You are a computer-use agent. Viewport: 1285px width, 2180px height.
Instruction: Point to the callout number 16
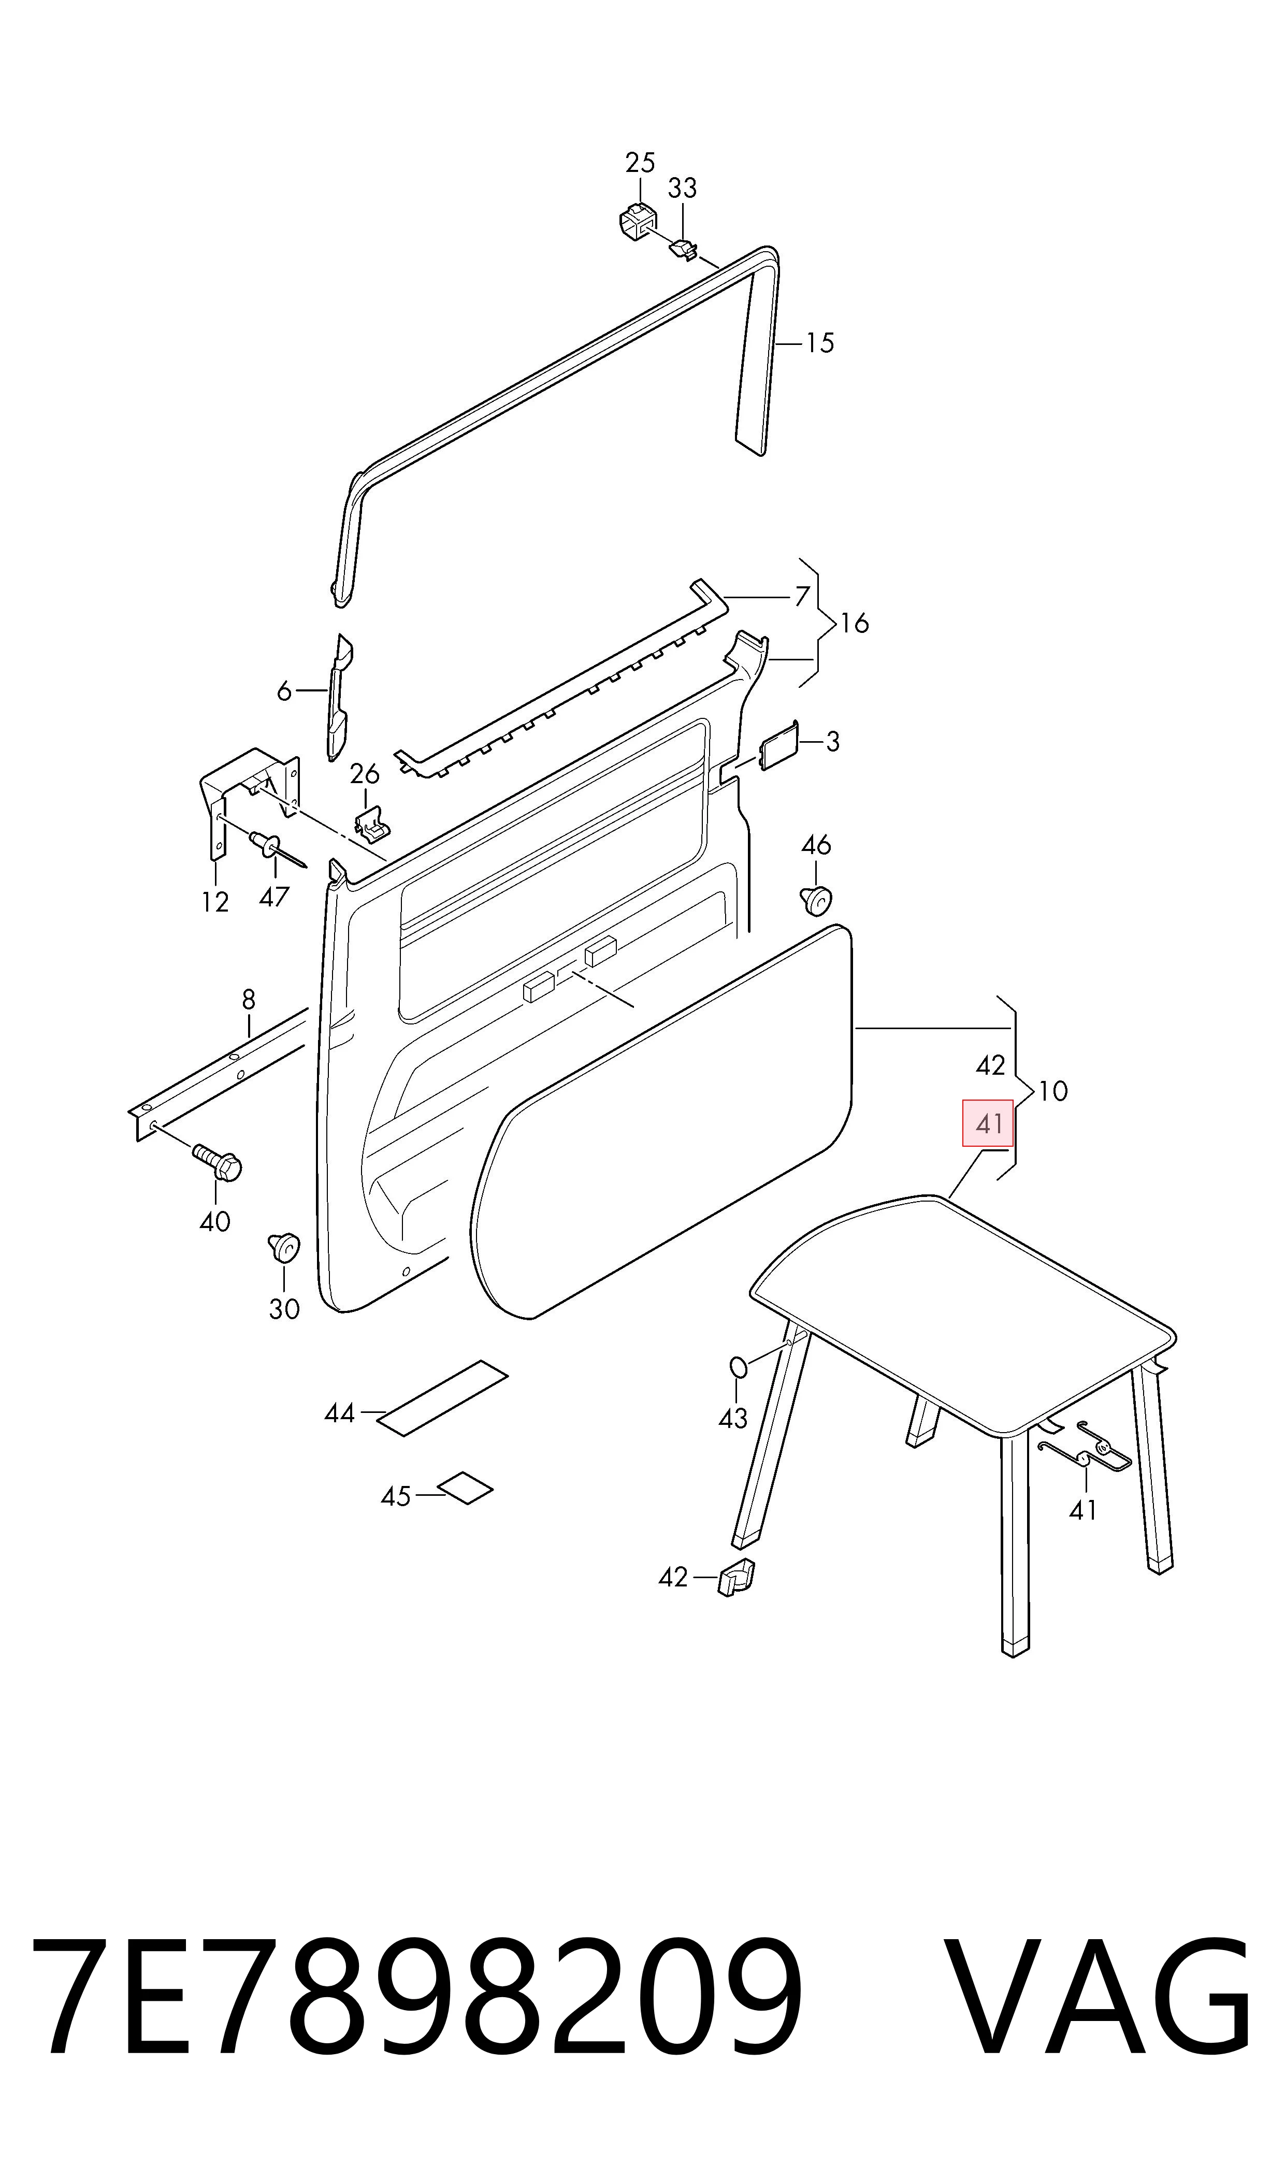coord(855,624)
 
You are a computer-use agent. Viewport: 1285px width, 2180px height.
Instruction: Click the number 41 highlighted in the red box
coord(989,1124)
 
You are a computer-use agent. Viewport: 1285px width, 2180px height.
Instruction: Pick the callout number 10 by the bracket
coord(1053,1091)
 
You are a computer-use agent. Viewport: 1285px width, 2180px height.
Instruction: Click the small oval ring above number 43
coord(738,1367)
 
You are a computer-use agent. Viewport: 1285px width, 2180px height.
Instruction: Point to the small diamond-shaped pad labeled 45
coord(465,1488)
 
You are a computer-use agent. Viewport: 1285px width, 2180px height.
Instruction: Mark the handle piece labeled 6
coord(339,698)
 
